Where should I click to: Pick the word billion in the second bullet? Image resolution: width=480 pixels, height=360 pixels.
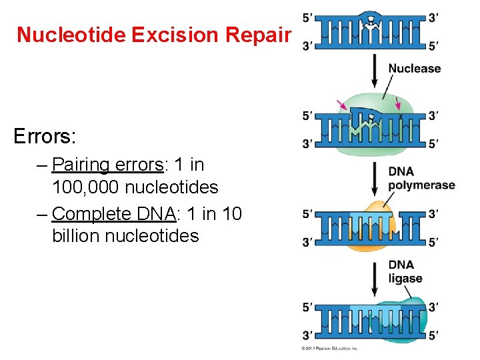81,236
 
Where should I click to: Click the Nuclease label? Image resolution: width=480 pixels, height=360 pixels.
415,68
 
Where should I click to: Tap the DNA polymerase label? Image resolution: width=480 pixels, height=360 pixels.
421,179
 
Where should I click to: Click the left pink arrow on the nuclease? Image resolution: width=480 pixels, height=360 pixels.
342,105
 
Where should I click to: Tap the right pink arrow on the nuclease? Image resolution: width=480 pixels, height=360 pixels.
398,103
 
